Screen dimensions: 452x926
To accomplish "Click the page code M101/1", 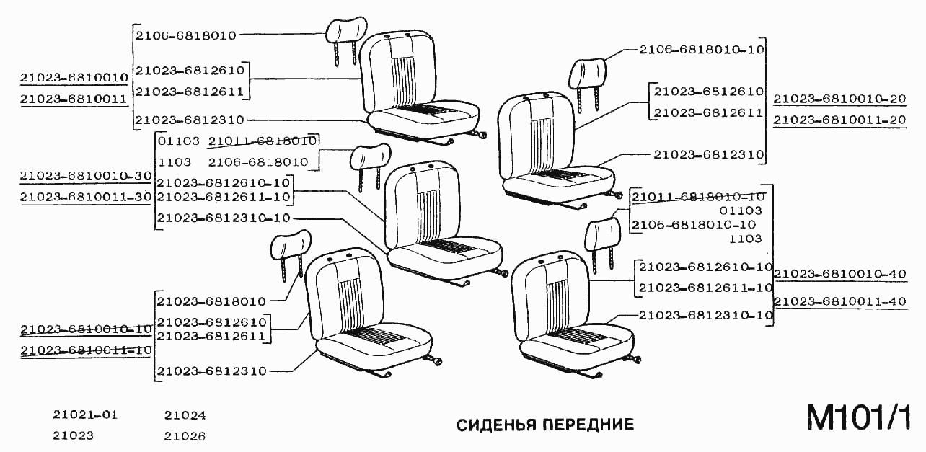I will tap(858, 418).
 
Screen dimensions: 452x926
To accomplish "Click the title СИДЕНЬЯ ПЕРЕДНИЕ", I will tap(545, 425).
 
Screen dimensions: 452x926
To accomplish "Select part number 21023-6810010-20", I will tap(839, 99).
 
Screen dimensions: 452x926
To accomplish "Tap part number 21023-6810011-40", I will tap(839, 301).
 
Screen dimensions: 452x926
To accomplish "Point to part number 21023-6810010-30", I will tap(86, 176).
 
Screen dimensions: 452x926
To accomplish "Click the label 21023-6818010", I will tap(211, 301).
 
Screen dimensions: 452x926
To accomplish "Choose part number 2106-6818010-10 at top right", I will tap(701, 50).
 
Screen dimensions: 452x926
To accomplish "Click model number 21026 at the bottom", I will tap(185, 436).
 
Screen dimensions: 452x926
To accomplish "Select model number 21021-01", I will tap(84, 415).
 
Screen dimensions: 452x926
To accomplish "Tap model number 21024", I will tap(185, 415).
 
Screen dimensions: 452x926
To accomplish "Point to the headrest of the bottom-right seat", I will tap(604, 231).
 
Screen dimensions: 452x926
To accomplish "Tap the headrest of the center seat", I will tap(369, 156).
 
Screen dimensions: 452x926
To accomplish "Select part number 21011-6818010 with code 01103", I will tap(263, 141).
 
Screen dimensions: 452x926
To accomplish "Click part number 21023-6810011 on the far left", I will tap(74, 99).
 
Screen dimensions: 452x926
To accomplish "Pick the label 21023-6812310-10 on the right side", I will tap(706, 315).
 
